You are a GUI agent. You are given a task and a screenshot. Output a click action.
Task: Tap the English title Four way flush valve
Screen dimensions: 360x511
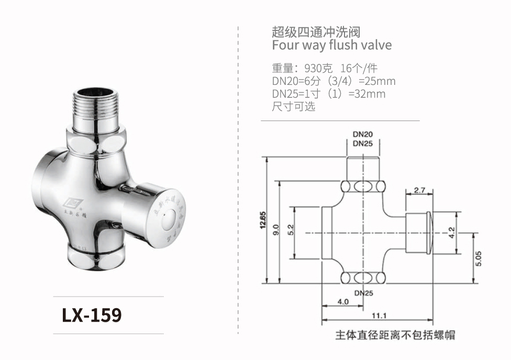[x=331, y=45]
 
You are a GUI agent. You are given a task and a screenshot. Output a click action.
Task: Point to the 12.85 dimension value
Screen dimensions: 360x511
[x=262, y=220]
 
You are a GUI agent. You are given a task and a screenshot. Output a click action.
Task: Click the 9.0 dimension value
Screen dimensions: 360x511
[x=276, y=230]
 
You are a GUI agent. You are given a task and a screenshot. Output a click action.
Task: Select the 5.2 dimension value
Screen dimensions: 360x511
[x=291, y=230]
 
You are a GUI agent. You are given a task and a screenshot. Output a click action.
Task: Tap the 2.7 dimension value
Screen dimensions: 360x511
[x=419, y=190]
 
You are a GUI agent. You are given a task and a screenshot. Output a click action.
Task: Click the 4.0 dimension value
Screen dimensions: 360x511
[x=343, y=302]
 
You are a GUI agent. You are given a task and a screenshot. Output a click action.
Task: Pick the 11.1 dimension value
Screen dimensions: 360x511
[x=379, y=315]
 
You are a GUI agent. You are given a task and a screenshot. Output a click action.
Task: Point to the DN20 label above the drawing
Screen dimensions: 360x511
[x=363, y=134]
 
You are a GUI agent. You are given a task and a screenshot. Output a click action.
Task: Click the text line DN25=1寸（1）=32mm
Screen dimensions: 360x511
[x=328, y=94]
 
